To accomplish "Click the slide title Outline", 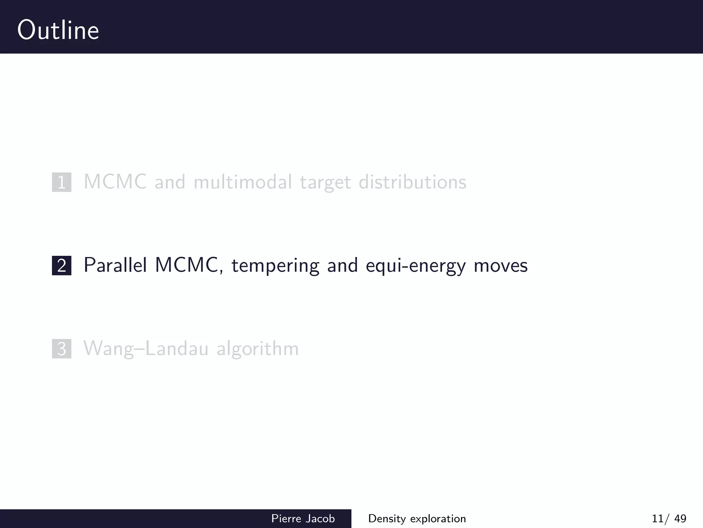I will click(x=58, y=30).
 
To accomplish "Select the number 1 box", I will click(x=62, y=182).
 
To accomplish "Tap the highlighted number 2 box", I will click(x=62, y=265).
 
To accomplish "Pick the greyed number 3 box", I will click(x=62, y=349).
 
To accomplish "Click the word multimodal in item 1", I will click(x=243, y=182).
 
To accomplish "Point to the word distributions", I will click(x=412, y=182).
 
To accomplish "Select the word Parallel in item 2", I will click(x=115, y=265).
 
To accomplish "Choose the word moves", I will click(x=500, y=266).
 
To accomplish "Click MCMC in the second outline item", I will click(x=186, y=265).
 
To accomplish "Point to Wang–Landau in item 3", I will click(x=146, y=349).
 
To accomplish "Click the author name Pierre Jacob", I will click(x=303, y=518).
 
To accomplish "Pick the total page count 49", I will click(x=680, y=518).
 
